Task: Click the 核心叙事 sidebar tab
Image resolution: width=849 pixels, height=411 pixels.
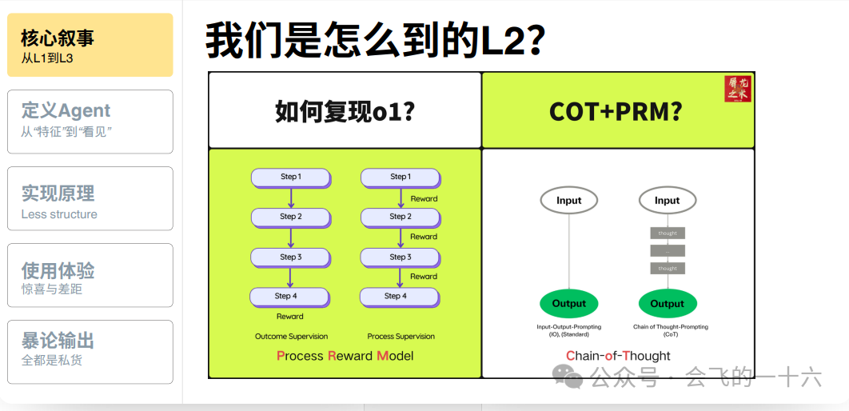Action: point(90,45)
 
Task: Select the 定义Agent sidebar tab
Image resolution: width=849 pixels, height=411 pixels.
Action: point(90,121)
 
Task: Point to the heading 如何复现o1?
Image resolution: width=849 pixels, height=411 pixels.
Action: point(345,111)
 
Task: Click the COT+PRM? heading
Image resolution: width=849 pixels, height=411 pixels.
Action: point(616,111)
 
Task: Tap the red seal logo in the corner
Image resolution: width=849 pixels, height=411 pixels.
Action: point(738,89)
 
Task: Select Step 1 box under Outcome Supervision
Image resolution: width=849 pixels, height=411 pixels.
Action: point(290,177)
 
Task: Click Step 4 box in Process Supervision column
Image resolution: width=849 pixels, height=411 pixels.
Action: point(399,296)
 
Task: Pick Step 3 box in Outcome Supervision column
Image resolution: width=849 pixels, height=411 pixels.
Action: point(290,257)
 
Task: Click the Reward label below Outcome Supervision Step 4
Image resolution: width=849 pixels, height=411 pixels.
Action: point(290,317)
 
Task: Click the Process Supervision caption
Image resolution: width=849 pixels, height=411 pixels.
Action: point(401,337)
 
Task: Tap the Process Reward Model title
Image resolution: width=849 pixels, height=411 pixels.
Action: point(345,356)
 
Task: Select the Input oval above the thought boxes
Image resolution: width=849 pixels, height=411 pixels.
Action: point(667,201)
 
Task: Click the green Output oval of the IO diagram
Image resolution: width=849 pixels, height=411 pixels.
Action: point(569,304)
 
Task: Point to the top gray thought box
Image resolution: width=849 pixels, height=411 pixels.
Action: point(668,233)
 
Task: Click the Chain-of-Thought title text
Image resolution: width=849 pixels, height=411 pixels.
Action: point(618,356)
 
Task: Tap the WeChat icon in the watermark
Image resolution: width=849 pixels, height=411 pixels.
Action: point(569,377)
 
